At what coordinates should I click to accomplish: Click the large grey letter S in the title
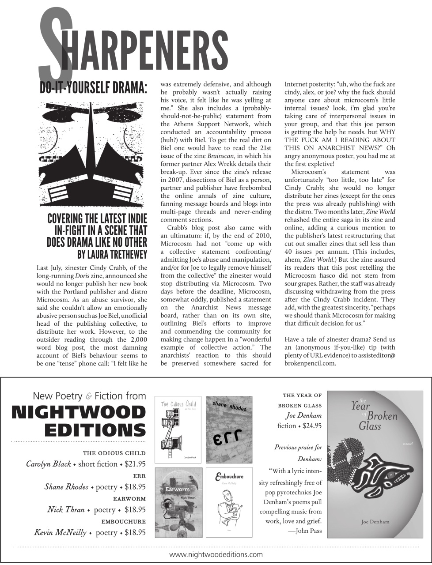(x=55, y=44)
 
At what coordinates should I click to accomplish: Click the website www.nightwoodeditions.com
(x=216, y=554)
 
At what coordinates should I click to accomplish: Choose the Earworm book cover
(x=178, y=502)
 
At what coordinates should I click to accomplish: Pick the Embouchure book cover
(x=229, y=502)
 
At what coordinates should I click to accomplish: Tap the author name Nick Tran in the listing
(x=66, y=510)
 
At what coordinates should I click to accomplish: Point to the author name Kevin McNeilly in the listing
(x=60, y=532)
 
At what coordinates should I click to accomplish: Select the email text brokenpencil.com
(x=310, y=364)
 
